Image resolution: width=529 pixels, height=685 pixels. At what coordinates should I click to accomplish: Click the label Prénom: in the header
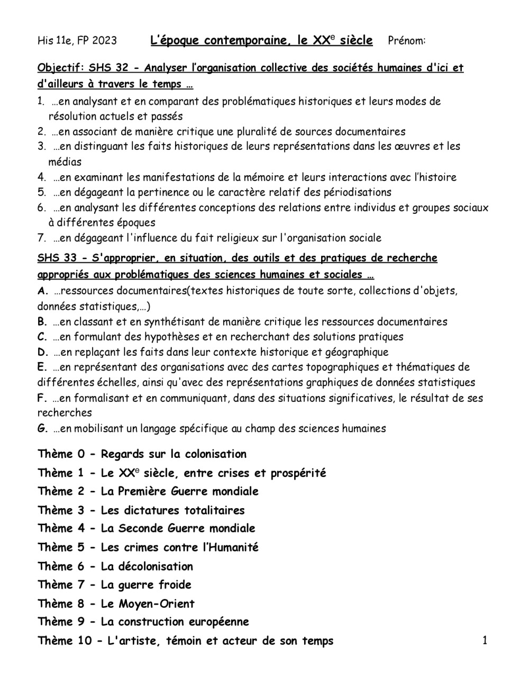(407, 41)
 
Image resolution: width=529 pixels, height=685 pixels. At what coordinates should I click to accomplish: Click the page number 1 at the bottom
(485, 641)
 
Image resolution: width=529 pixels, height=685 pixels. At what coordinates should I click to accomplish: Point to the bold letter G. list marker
(42, 428)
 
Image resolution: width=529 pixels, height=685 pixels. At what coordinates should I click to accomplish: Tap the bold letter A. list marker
(42, 291)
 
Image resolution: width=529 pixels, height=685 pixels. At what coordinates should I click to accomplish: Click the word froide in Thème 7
(175, 585)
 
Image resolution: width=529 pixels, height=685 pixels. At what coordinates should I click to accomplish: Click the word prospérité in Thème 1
(298, 473)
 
